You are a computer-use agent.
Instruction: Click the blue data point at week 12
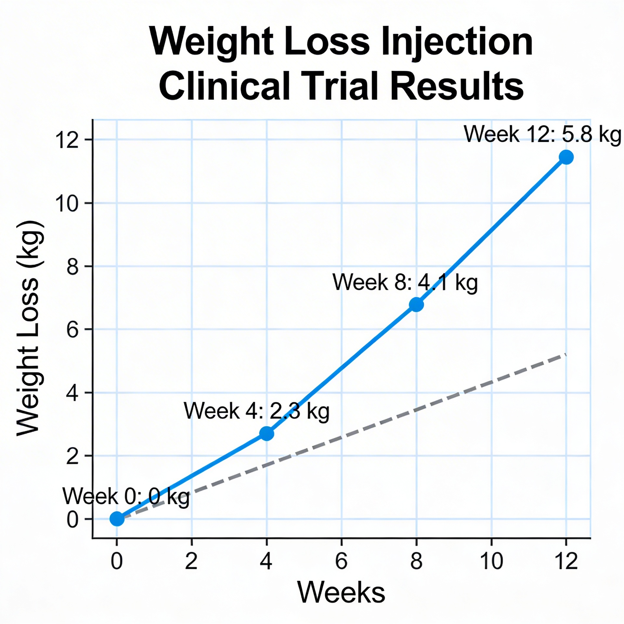point(566,157)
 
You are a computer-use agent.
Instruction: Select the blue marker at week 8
point(416,305)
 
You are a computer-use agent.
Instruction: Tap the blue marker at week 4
point(266,434)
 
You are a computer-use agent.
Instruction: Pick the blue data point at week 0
point(117,519)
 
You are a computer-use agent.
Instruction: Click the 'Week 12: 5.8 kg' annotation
point(542,134)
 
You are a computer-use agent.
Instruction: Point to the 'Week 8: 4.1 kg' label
point(405,282)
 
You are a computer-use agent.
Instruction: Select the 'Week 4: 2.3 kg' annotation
point(256,411)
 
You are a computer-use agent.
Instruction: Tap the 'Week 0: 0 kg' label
point(126,496)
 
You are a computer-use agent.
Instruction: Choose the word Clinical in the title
point(224,86)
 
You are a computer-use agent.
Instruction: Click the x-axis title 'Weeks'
point(341,592)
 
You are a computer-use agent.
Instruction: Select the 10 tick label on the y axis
point(67,204)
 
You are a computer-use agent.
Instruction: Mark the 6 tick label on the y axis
point(72,330)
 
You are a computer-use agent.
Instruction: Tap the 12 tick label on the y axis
point(67,140)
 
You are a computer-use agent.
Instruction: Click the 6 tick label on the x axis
point(341,561)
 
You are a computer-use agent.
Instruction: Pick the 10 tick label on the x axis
point(491,561)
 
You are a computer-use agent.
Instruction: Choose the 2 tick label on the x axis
point(191,561)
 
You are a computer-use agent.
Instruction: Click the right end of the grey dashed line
point(565,354)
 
